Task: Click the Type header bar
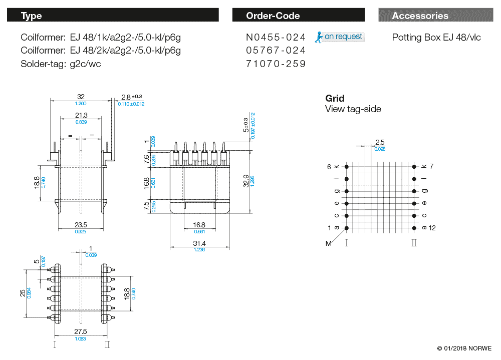point(113,15)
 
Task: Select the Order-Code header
point(299,15)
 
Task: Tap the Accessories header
point(436,15)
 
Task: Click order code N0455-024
point(276,38)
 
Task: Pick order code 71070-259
point(276,64)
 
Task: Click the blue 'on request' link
point(343,37)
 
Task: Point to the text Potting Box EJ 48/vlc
point(436,38)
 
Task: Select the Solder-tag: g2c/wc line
point(61,64)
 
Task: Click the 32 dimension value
point(81,97)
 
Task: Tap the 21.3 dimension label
point(81,115)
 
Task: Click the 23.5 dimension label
point(81,225)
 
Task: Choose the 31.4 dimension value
point(199,243)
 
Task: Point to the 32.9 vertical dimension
point(245,181)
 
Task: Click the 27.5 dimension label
point(81,331)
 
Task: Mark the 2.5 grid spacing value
point(380,142)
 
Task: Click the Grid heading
point(335,98)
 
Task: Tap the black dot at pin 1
point(347,228)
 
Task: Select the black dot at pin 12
point(414,228)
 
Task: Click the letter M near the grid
point(329,243)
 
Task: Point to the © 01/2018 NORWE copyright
point(464,348)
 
